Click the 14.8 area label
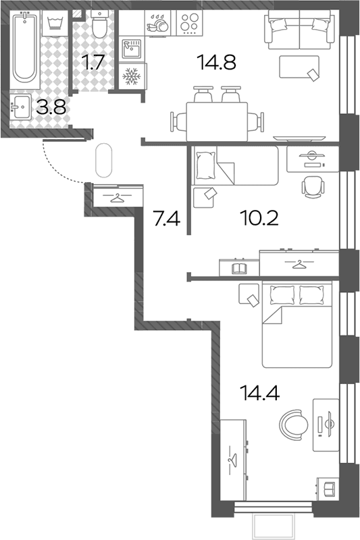(x=216, y=63)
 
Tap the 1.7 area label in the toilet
(x=93, y=63)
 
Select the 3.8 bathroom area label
(x=51, y=108)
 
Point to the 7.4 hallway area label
(x=167, y=218)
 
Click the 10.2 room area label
(x=259, y=218)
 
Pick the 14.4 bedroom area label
(x=260, y=393)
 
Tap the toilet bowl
(x=100, y=24)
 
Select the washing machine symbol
(x=55, y=23)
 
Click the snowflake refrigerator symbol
(x=132, y=76)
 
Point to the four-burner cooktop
(x=190, y=23)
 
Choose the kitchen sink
(x=132, y=49)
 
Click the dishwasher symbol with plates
(x=158, y=23)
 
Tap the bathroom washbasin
(x=21, y=107)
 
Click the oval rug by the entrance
(x=103, y=160)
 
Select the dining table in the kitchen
(x=217, y=122)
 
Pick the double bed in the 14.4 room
(x=297, y=325)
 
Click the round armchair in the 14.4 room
(x=294, y=425)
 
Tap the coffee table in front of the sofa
(x=299, y=67)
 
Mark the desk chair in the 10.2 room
(x=313, y=188)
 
